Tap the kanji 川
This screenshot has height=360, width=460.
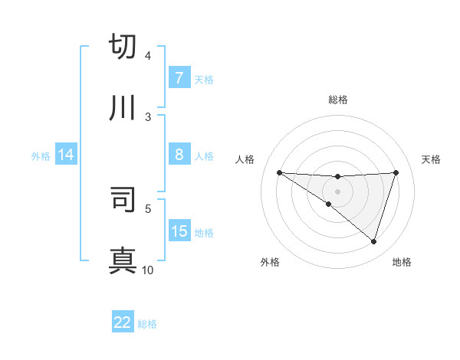[123, 108]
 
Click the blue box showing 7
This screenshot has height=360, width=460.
[179, 78]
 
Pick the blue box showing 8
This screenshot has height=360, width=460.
[179, 155]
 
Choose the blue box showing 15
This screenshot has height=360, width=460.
[179, 231]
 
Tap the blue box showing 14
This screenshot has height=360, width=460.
[66, 155]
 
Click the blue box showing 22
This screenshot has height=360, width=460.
[123, 323]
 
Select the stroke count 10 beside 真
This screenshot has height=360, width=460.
[148, 270]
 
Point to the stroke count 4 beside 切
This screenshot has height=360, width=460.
[148, 56]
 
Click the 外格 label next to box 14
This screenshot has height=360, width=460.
[41, 156]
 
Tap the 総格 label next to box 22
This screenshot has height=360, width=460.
[147, 324]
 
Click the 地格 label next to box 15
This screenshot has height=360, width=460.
[204, 232]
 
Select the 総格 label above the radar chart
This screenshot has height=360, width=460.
[337, 100]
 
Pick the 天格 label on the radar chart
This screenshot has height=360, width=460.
[431, 159]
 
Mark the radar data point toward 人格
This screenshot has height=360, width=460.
[279, 172]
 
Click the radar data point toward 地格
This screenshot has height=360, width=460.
[373, 241]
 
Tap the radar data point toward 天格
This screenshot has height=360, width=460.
[396, 172]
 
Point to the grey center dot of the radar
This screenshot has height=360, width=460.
[337, 191]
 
